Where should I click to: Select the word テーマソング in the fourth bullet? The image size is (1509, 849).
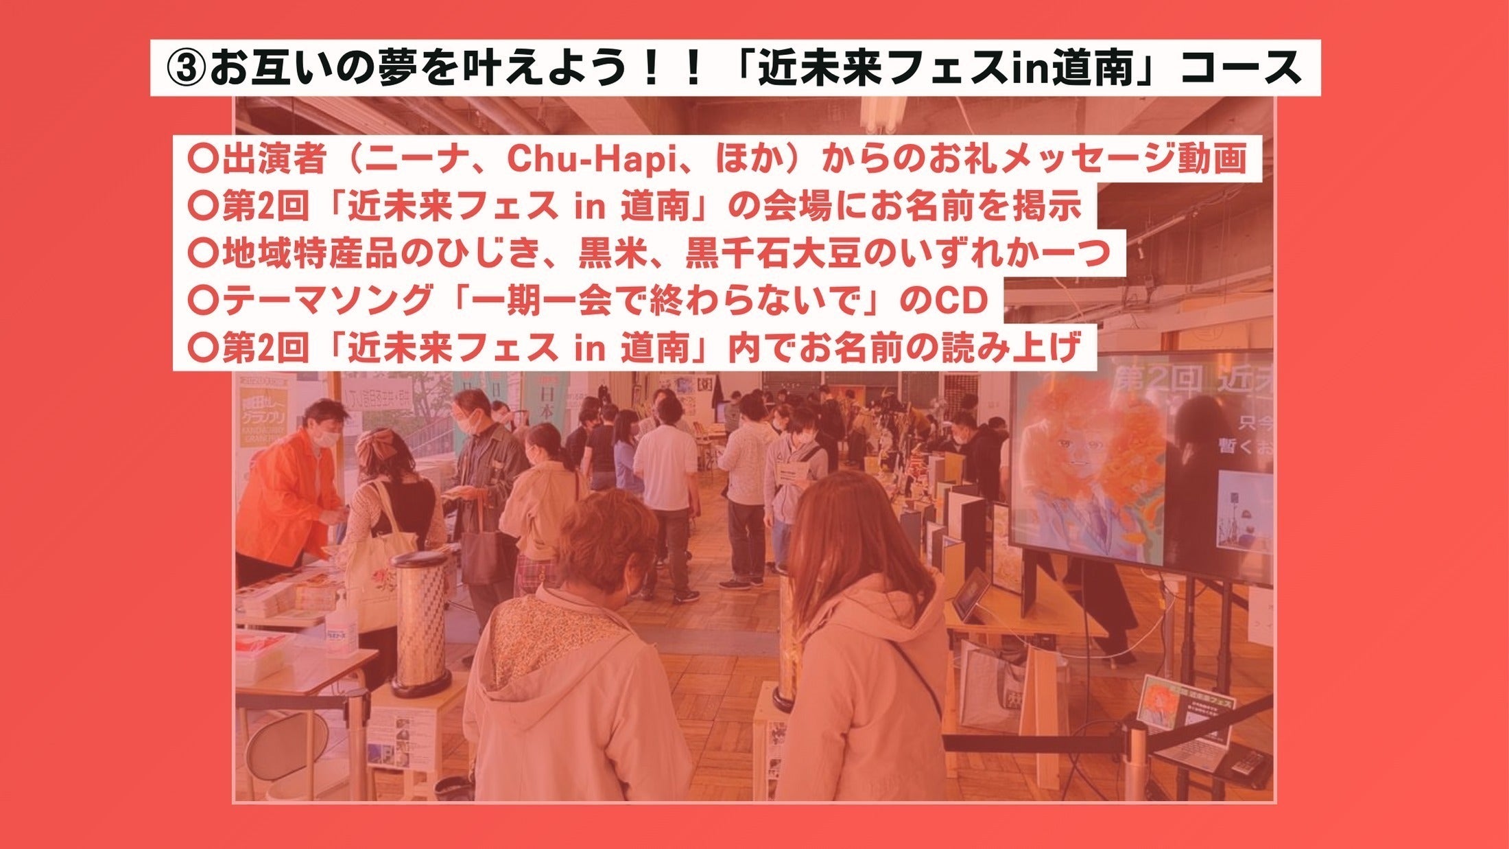click(x=327, y=301)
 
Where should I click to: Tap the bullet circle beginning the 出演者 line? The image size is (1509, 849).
click(x=202, y=159)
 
